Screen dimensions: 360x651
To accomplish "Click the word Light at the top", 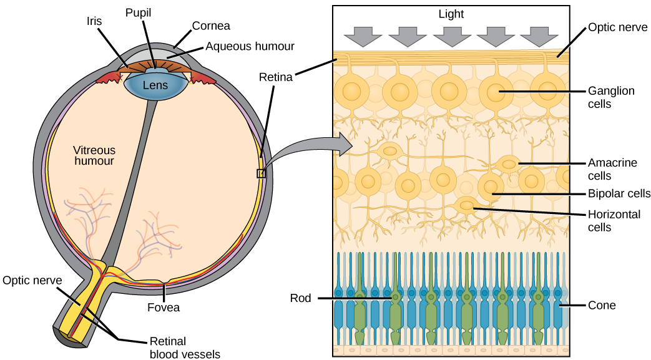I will (451, 14).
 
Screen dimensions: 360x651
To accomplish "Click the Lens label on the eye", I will (155, 85).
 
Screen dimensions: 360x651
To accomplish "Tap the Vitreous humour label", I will (94, 155).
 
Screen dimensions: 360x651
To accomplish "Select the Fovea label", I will (164, 308).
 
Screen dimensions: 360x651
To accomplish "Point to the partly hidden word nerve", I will (48, 281).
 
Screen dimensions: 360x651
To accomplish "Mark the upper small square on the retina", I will (262, 173).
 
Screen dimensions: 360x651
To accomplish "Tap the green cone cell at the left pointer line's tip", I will (396, 298).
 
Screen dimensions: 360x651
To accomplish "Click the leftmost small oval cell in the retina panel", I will (391, 150).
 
